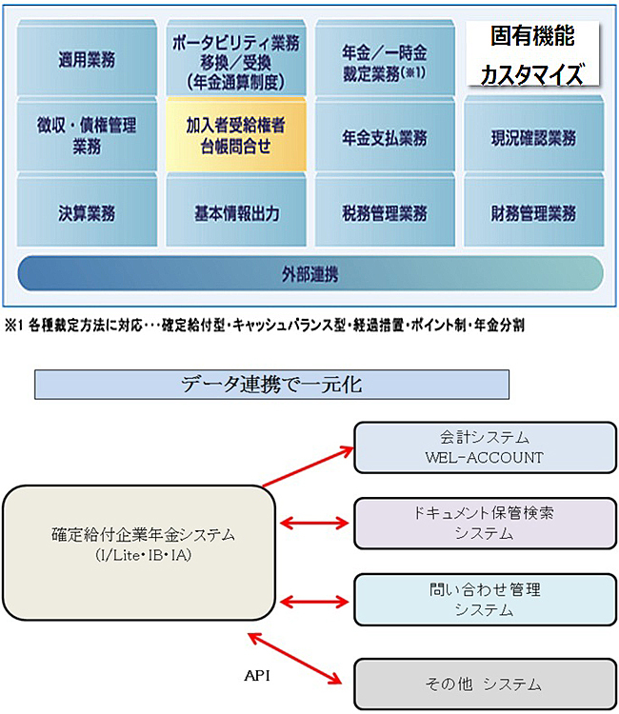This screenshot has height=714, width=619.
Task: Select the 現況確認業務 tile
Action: point(533,139)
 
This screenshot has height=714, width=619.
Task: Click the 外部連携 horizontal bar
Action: point(310,275)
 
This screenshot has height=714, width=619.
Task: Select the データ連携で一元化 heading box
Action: point(271,386)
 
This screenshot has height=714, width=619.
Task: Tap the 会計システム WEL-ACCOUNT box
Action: point(484,446)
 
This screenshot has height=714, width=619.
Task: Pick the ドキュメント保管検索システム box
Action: point(484,523)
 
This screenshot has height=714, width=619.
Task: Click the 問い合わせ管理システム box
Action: point(484,600)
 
